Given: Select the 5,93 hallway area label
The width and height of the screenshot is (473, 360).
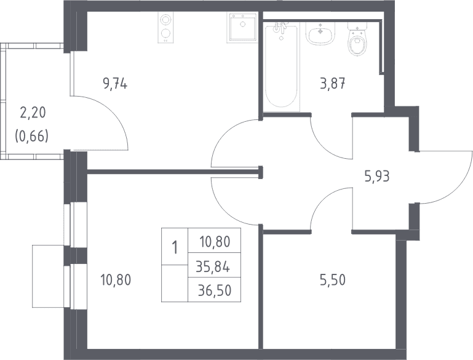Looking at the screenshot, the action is coord(377,177).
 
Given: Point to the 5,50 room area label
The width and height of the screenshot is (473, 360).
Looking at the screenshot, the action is coord(333,281).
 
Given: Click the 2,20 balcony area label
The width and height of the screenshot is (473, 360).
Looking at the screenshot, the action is coord(32,113).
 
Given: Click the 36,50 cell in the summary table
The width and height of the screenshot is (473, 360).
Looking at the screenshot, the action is coord(215,290).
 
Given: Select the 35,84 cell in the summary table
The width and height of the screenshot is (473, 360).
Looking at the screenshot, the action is coord(213,266).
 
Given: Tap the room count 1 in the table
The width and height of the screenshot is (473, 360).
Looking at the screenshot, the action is coord(174,248).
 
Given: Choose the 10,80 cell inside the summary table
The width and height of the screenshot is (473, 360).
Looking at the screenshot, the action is coord(215,242).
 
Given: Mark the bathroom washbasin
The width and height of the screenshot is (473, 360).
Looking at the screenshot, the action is coord(320,33).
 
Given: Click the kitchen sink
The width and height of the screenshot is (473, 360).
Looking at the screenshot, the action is coord(242,27).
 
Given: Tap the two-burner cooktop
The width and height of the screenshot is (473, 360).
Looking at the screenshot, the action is coord(165,27).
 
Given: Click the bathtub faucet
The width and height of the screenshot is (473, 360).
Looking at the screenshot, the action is coord(280,28).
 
